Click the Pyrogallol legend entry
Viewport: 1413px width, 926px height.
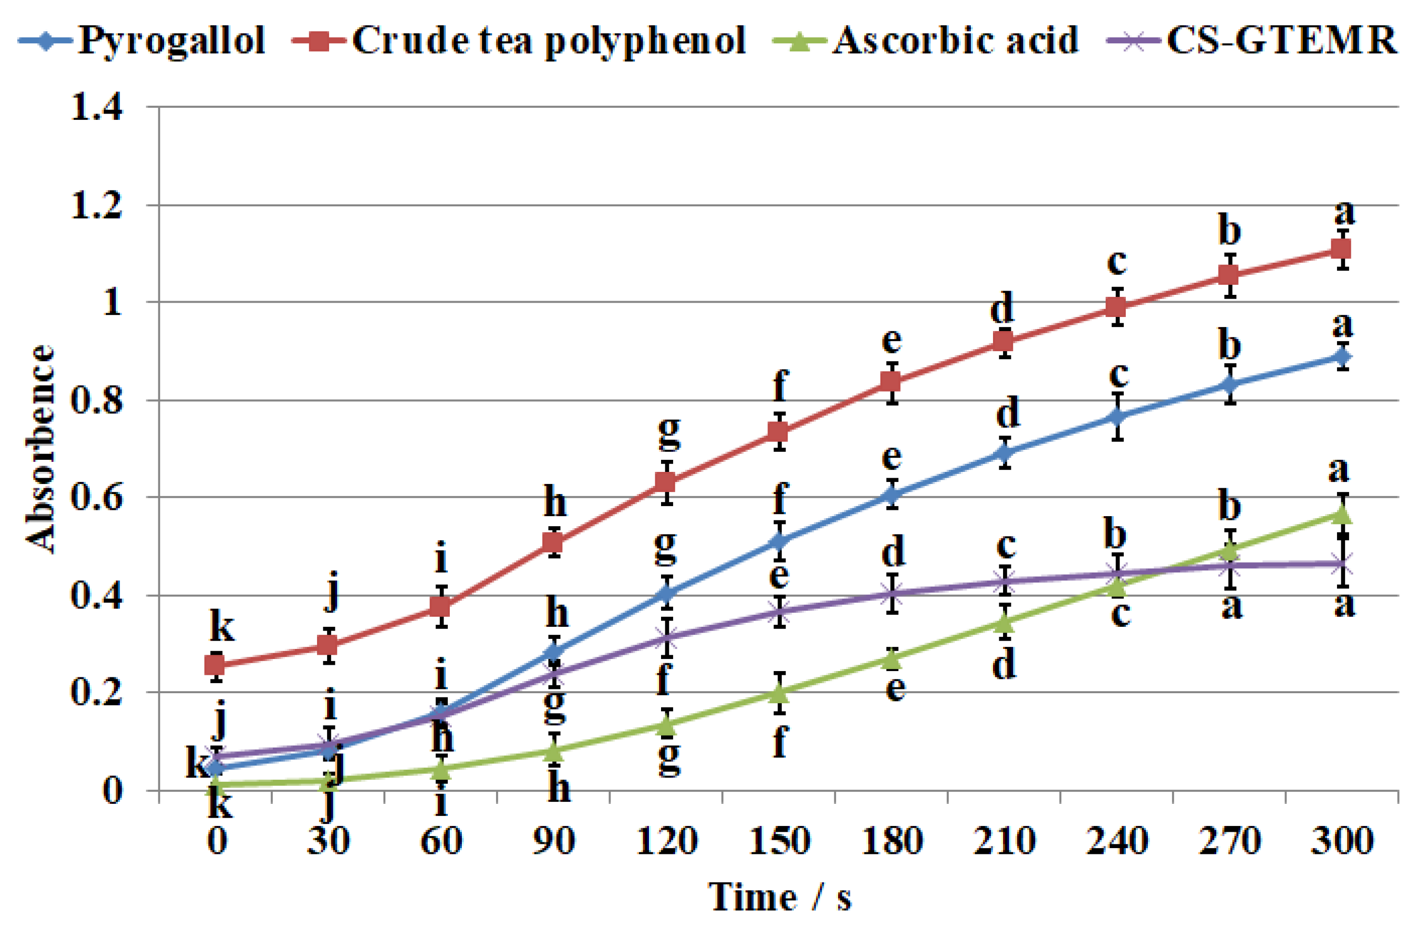[x=142, y=40]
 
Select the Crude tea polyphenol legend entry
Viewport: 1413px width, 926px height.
[x=520, y=40]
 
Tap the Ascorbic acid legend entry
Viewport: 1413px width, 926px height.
[x=926, y=40]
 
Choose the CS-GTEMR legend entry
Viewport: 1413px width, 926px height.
[x=1253, y=40]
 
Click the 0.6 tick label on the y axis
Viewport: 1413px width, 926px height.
[x=97, y=497]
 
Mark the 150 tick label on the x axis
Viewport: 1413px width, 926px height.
[x=779, y=840]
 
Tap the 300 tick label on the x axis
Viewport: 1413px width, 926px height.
[x=1342, y=840]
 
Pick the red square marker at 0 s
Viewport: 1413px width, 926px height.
[x=215, y=665]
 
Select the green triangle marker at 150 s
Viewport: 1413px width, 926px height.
[x=779, y=693]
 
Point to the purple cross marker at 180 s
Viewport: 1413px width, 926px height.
[x=892, y=594]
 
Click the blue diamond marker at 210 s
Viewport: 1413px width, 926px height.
[x=1005, y=454]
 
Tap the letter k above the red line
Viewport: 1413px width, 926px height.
[x=223, y=627]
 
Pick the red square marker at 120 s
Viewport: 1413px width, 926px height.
[x=667, y=482]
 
